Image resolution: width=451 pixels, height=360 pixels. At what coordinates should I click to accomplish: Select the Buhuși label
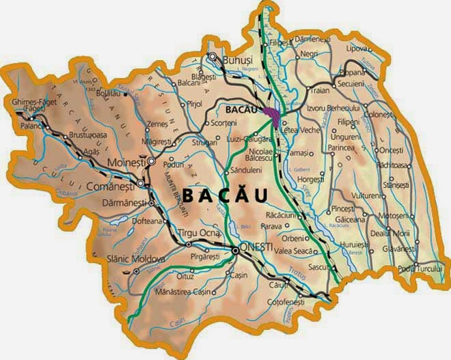pos(238,59)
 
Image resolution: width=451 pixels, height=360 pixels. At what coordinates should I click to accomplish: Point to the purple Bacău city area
pos(271,113)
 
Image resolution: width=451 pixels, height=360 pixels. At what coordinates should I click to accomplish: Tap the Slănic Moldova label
pos(137,260)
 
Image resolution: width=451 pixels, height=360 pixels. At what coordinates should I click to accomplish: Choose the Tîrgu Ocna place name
pos(199,234)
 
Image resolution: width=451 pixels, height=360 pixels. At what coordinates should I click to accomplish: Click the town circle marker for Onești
pos(235,251)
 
